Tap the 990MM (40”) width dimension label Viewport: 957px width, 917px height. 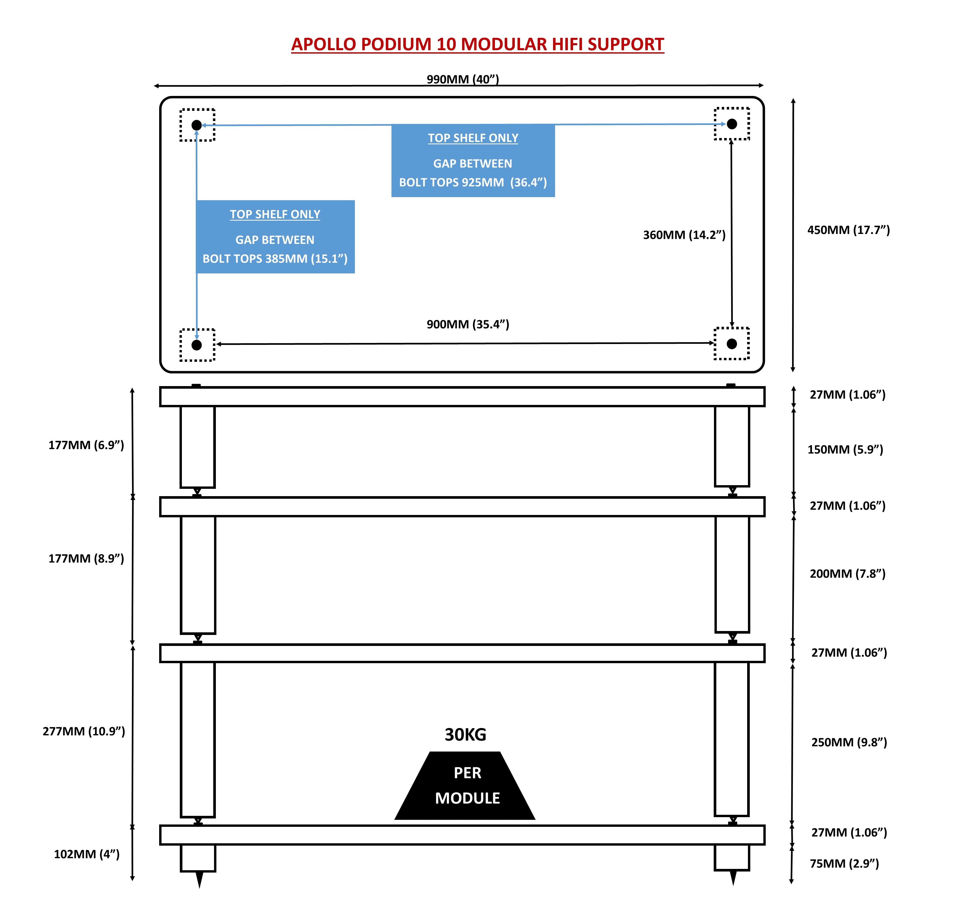462,79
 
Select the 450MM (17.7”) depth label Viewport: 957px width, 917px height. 848,230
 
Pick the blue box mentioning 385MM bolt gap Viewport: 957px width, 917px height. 275,237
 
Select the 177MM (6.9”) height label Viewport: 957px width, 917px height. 86,445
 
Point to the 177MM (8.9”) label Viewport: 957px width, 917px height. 86,559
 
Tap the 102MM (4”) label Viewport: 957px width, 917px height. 87,854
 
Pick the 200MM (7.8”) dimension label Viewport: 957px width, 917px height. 847,574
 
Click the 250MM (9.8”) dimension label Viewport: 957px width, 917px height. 849,742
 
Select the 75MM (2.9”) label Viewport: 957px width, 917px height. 844,863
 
